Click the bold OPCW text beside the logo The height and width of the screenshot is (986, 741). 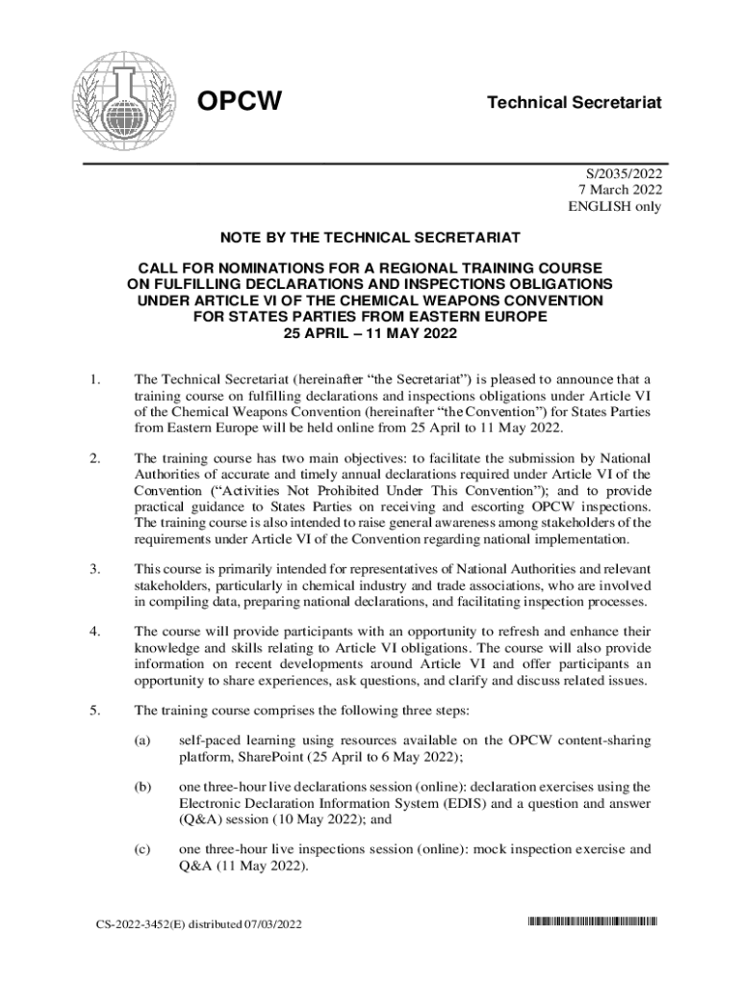[x=240, y=101]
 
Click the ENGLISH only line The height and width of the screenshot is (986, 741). [x=616, y=207]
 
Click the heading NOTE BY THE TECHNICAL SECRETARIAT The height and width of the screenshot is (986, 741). [x=370, y=237]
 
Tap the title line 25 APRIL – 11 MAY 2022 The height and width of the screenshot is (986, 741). [x=370, y=334]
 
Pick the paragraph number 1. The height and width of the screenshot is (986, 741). [x=93, y=378]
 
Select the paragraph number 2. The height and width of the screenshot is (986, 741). [x=93, y=457]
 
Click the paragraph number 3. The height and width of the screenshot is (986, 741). [x=93, y=568]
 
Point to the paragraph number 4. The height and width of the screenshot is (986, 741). [x=93, y=632]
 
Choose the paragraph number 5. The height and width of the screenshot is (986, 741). [x=93, y=711]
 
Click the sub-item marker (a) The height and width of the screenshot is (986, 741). [x=142, y=741]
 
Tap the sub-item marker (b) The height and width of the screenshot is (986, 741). [x=142, y=787]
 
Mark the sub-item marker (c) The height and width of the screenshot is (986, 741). [x=142, y=850]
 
